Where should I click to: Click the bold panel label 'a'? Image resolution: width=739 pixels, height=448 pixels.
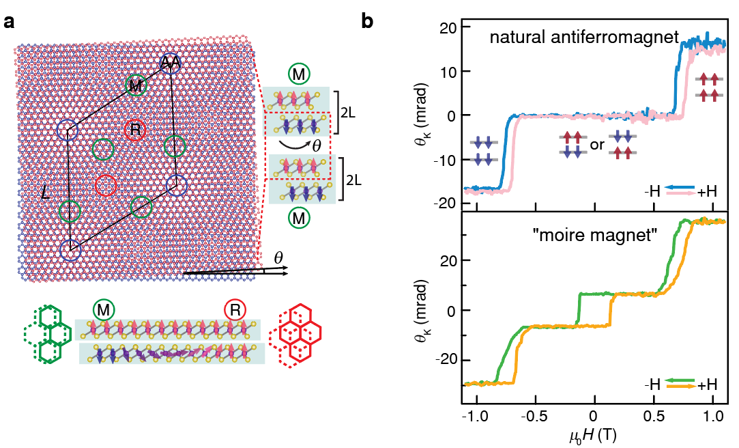tap(9, 21)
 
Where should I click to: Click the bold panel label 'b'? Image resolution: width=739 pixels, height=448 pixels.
tap(367, 22)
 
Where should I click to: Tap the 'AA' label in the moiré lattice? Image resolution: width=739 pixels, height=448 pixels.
tap(170, 64)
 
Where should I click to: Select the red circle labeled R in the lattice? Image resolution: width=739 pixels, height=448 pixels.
tap(134, 128)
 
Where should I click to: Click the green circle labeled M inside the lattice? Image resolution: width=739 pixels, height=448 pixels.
tap(136, 85)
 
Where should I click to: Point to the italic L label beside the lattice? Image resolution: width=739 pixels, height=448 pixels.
tap(45, 194)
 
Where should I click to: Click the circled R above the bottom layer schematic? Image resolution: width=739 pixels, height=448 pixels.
tap(234, 311)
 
